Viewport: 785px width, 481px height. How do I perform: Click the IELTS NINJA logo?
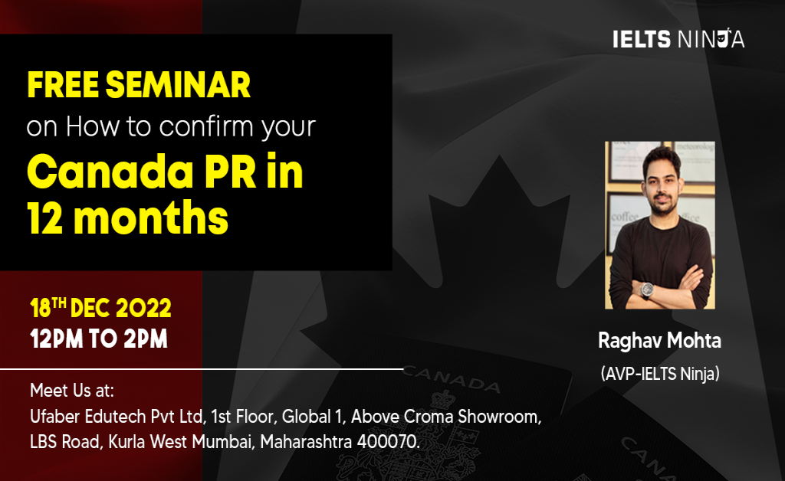point(678,39)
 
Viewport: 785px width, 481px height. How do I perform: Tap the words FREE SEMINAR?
point(139,86)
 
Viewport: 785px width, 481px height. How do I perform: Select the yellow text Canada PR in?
point(165,173)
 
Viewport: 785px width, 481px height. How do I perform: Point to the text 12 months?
point(128,218)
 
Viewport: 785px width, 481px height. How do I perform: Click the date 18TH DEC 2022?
point(100,309)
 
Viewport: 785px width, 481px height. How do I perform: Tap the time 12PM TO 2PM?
point(99,339)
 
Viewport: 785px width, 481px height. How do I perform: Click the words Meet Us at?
point(72,391)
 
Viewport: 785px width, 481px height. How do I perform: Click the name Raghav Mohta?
point(659,341)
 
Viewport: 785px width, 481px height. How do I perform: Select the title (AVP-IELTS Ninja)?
point(660,375)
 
